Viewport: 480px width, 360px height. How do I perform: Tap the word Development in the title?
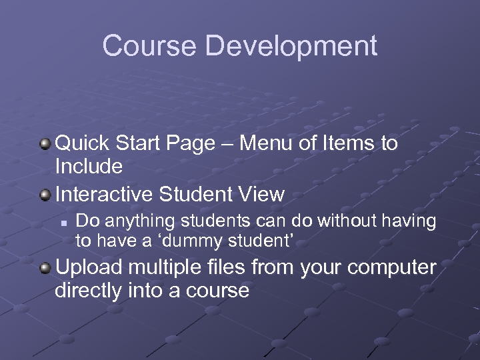point(291,47)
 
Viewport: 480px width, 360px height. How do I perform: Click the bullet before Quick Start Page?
point(45,143)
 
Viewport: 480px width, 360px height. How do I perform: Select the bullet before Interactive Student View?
point(45,195)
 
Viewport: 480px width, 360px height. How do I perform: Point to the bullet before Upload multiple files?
point(45,268)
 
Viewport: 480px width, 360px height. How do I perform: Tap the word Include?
point(89,165)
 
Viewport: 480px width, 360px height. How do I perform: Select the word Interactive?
point(105,195)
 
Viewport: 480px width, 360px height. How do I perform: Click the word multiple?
point(163,268)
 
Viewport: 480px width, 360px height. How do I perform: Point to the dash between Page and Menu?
point(227,144)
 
